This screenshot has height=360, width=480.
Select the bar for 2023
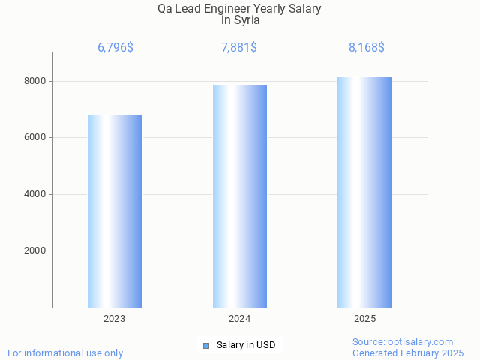[x=115, y=211]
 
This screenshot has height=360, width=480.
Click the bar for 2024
[x=240, y=196]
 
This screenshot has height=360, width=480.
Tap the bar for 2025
[x=364, y=192]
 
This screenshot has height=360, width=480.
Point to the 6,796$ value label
[x=115, y=48]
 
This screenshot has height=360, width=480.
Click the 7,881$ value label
[x=240, y=48]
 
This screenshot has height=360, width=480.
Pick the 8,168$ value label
[x=367, y=48]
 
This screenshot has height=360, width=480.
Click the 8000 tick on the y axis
[x=34, y=81]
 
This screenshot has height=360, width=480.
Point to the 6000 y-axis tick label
[x=34, y=138]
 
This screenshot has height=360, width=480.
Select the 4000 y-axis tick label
[x=34, y=194]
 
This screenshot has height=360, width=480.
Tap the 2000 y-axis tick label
[x=34, y=251]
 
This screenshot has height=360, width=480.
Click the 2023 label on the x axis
[x=115, y=319]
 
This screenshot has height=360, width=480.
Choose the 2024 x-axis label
[x=240, y=319]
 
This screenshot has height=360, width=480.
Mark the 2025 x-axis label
[x=365, y=319]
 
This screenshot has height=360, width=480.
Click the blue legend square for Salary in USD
[x=206, y=345]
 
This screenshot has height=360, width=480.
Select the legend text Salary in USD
[x=246, y=345]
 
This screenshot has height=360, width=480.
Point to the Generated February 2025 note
[x=408, y=352]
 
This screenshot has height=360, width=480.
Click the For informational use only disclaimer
[x=65, y=352]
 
